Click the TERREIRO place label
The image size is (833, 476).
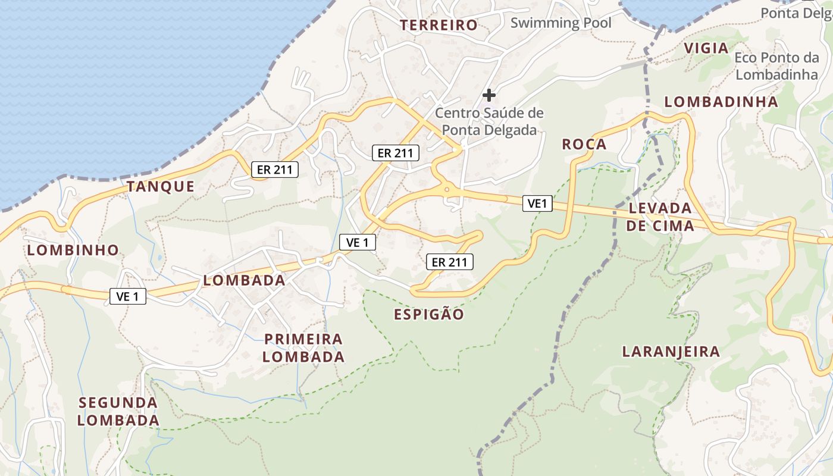tap(439, 25)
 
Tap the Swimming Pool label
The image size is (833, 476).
tap(560, 23)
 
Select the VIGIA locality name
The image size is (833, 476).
tap(706, 48)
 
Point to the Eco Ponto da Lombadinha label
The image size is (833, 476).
tap(776, 66)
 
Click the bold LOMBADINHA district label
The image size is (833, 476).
tap(721, 102)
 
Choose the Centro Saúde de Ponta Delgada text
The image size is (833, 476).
tap(489, 121)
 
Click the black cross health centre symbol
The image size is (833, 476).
tap(489, 95)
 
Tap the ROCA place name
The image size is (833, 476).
tap(584, 144)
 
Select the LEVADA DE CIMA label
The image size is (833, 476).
tap(660, 217)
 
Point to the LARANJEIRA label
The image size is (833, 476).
tap(671, 351)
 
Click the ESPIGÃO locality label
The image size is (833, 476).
tap(428, 314)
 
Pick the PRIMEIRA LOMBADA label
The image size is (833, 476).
tap(303, 347)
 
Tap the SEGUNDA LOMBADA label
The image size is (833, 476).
tap(118, 411)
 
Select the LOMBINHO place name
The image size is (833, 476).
tap(73, 250)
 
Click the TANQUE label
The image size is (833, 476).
tap(160, 186)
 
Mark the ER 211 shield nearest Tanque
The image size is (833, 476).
tap(274, 170)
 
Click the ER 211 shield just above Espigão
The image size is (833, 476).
tap(449, 261)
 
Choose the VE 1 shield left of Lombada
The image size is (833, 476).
tap(128, 296)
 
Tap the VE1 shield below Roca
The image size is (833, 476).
tap(537, 203)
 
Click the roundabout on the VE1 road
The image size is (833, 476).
tap(447, 190)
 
